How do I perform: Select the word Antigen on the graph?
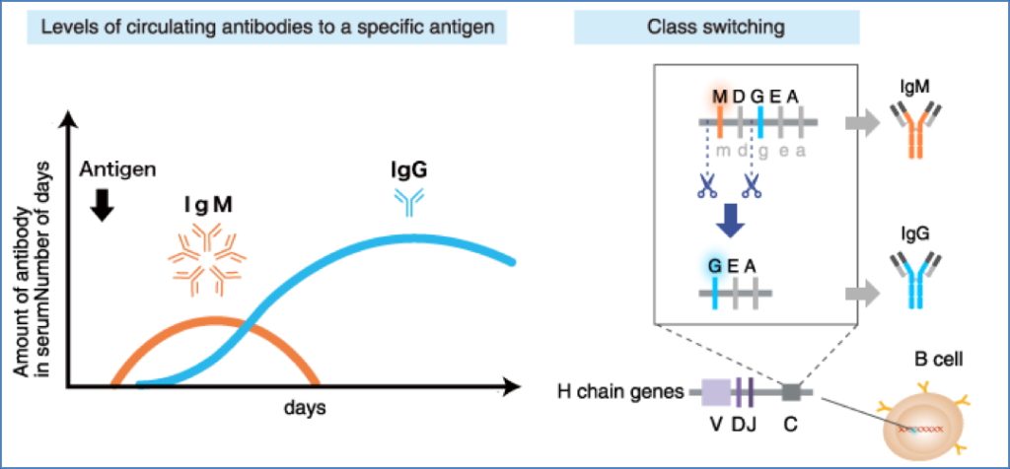(x=118, y=168)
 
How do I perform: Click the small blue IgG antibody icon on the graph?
(x=407, y=201)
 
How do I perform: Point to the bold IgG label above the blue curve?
(x=408, y=169)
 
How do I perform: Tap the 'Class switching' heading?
(x=716, y=27)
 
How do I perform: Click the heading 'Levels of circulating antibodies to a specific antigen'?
(x=268, y=27)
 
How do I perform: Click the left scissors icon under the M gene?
(x=706, y=185)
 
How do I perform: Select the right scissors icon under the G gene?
(x=753, y=185)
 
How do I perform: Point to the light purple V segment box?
(x=714, y=392)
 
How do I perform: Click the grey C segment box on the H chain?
(x=791, y=392)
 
